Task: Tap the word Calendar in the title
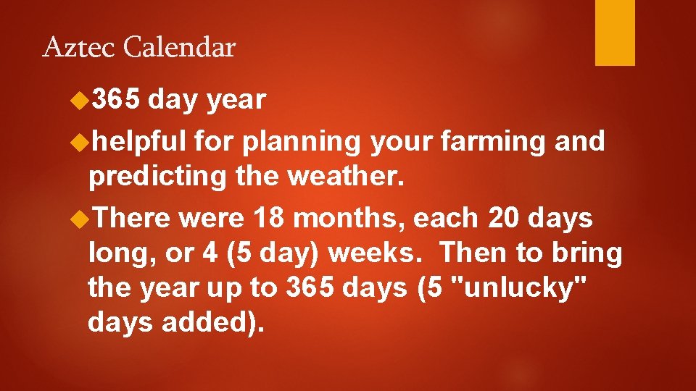click(180, 48)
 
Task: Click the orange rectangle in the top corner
click(615, 33)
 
